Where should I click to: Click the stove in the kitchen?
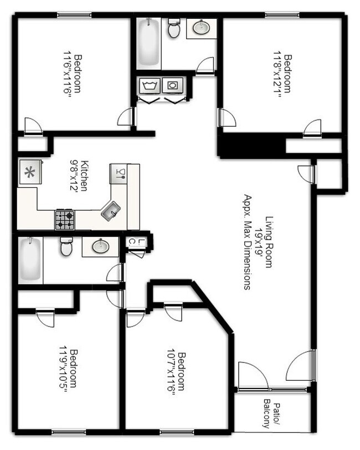tap(64, 220)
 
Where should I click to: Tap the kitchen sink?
tap(110, 210)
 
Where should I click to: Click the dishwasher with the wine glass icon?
tap(118, 173)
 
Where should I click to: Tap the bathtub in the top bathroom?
tap(148, 43)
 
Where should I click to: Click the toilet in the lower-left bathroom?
tap(66, 247)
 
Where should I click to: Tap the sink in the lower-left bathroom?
tap(100, 246)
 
